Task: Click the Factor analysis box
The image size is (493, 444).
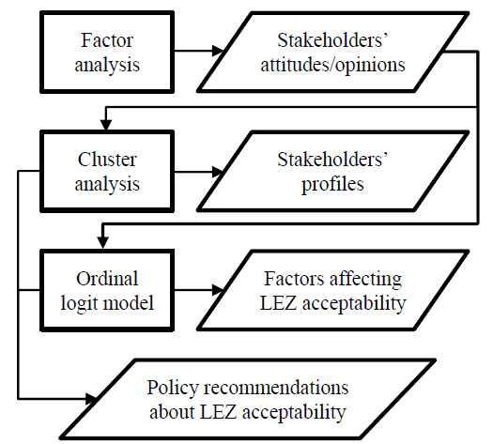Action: tap(107, 53)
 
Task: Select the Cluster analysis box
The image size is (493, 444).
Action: tap(107, 171)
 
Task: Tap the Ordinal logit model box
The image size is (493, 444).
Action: tap(107, 290)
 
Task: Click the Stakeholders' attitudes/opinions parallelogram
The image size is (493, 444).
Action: tap(332, 53)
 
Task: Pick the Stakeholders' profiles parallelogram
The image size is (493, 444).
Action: tap(332, 171)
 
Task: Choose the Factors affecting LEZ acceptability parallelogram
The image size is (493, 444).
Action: tap(332, 290)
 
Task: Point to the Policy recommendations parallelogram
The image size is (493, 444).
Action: tap(248, 399)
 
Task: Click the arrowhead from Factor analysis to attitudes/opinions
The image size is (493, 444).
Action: tap(218, 51)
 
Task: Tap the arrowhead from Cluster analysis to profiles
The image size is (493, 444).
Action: tap(218, 172)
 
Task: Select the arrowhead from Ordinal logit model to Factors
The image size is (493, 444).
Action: tap(218, 290)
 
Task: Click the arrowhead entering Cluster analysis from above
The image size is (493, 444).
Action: tap(106, 125)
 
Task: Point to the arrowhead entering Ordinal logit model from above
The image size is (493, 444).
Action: tap(102, 243)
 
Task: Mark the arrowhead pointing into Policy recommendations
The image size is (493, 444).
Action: tap(91, 399)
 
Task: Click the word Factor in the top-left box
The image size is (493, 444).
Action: tap(107, 40)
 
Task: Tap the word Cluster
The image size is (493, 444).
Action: tap(107, 160)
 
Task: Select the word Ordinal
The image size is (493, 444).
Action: tap(107, 279)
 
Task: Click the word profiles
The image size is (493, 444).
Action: tap(332, 184)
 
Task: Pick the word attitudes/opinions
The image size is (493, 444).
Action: tap(332, 66)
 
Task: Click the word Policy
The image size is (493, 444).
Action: tap(173, 388)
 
